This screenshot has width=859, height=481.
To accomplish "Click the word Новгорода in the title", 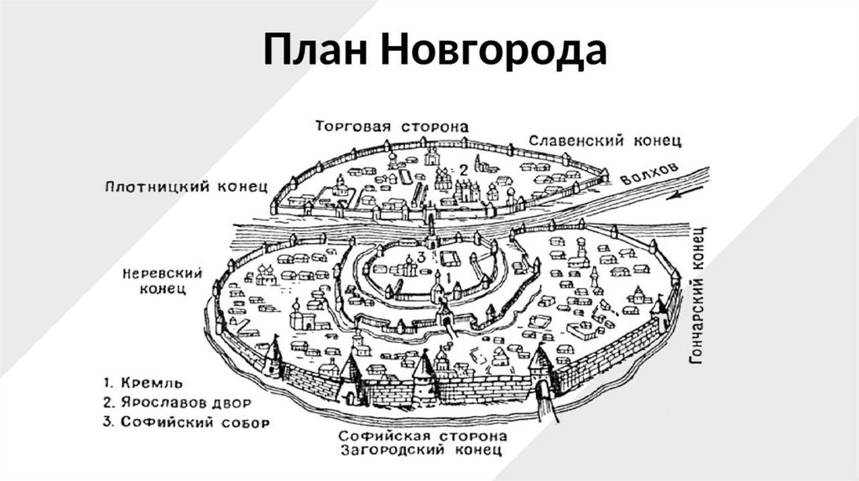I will click(x=493, y=52).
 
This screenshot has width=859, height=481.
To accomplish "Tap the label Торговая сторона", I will click(x=391, y=127).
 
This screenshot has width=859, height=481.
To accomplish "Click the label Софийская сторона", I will click(x=423, y=437).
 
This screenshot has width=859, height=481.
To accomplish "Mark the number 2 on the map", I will click(x=462, y=170).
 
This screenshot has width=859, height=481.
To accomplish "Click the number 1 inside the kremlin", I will click(x=448, y=275).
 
